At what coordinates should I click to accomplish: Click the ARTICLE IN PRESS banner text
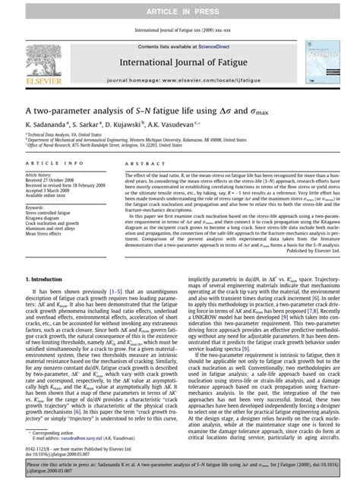[180, 7]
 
